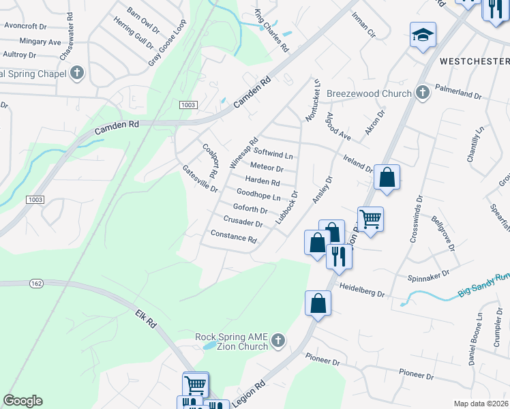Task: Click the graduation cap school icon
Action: [x=423, y=34]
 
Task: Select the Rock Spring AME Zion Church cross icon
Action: [x=277, y=340]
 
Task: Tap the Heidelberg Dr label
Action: [x=362, y=290]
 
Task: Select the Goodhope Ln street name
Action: [x=258, y=195]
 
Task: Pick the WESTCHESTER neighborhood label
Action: [x=474, y=61]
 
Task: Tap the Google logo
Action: [x=22, y=401]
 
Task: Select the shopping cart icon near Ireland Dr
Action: [x=370, y=219]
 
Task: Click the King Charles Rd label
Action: [x=271, y=31]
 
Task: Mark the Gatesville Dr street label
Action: [x=200, y=178]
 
